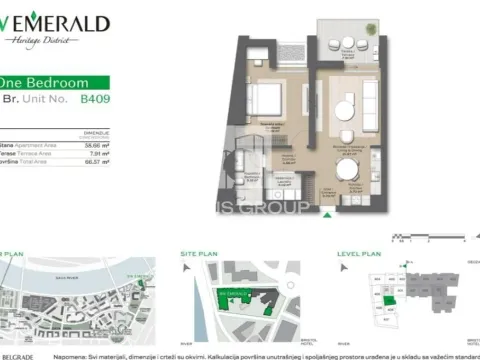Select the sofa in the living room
pos(369,98)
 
